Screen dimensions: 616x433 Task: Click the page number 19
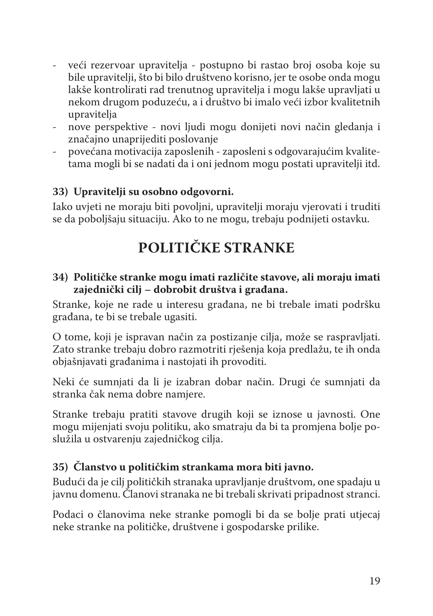(x=374, y=581)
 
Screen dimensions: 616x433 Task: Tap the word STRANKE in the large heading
(x=259, y=248)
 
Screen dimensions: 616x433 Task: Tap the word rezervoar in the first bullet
(x=113, y=65)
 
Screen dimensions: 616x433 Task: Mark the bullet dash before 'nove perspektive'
(x=54, y=127)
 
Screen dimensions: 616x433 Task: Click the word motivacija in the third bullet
(x=141, y=152)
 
